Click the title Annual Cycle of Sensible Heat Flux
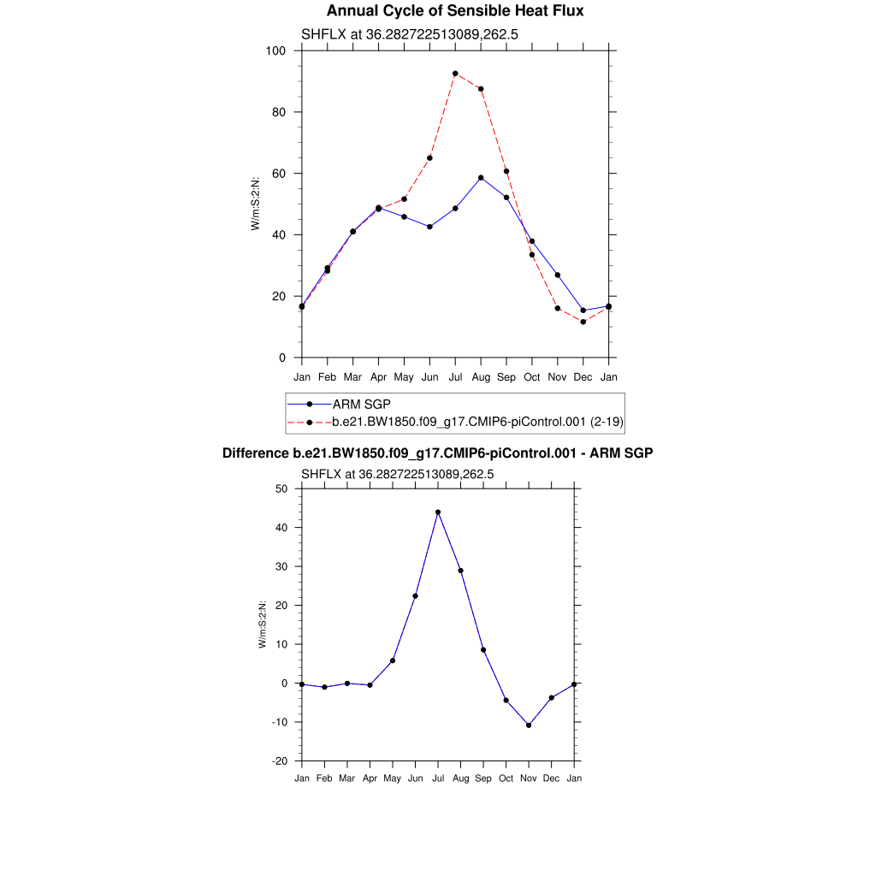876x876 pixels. pos(455,11)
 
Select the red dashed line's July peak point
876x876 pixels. pos(455,74)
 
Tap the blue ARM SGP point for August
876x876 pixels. pos(481,178)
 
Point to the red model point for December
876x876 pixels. pos(583,322)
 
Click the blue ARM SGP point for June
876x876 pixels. pos(429,227)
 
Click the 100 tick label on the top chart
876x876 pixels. pos(275,50)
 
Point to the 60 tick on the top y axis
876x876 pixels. pos(275,174)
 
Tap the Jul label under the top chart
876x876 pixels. pos(455,376)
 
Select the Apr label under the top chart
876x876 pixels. pos(378,376)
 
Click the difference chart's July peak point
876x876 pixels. pos(438,512)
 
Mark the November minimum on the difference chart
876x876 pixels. pos(529,725)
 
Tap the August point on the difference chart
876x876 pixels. pos(461,571)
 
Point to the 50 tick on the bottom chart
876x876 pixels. pos(281,488)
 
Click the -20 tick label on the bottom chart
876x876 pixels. pos(279,761)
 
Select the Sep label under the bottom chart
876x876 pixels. pos(483,778)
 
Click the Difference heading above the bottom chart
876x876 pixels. pos(437,453)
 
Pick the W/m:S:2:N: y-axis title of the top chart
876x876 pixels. pos(255,204)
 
